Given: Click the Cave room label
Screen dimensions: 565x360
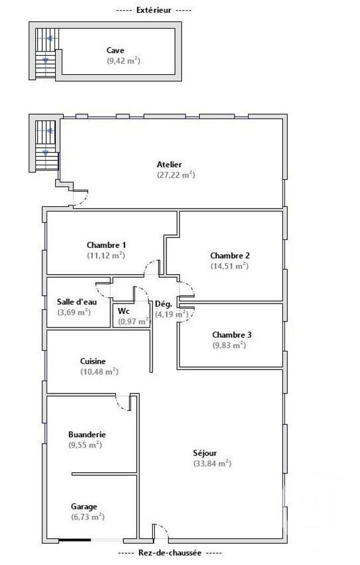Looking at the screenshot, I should (x=115, y=51).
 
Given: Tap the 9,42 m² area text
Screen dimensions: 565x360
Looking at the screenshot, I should (x=123, y=61).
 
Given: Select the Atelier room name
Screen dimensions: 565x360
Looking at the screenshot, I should (x=169, y=165).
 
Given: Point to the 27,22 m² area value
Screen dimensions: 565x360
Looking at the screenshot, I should (x=176, y=175).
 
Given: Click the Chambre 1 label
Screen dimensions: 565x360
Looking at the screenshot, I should (x=106, y=245).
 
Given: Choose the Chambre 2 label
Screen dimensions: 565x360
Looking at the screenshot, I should (x=229, y=255).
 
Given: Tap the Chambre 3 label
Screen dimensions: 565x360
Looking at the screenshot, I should (x=232, y=335).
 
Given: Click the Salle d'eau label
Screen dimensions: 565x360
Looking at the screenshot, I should (x=74, y=301).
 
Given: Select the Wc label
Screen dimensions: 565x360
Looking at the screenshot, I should (x=124, y=311).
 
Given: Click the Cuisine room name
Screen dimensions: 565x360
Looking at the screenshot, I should (x=93, y=361).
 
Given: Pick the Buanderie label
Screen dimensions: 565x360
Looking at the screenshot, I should (x=87, y=435).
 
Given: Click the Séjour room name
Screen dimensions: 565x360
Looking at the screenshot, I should (x=205, y=453).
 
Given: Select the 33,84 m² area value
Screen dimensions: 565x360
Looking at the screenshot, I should (x=211, y=464).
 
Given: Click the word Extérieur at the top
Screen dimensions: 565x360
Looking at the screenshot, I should (x=154, y=11).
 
